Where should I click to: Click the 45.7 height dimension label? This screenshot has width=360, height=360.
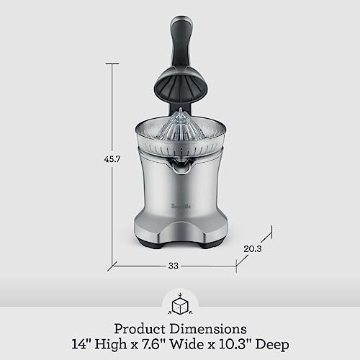tap(112, 159)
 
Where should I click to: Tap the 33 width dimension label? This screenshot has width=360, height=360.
tap(174, 266)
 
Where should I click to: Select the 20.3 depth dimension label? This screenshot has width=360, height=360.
tap(253, 249)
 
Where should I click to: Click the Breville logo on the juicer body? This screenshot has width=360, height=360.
tap(181, 206)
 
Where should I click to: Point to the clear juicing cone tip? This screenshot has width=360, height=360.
tap(181, 109)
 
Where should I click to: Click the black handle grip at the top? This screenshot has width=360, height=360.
tap(181, 41)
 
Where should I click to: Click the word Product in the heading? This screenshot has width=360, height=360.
tap(140, 329)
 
